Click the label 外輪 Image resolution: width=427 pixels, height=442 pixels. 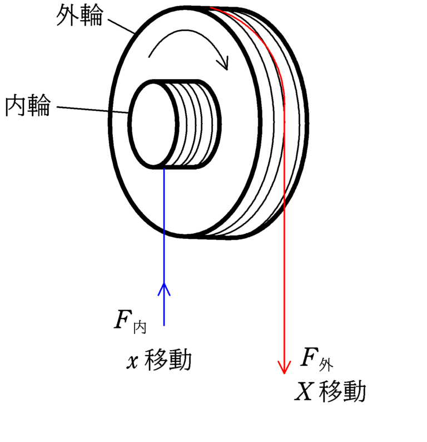[80, 16]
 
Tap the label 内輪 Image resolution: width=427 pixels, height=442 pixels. [27, 106]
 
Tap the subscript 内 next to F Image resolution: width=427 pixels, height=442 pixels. [140, 328]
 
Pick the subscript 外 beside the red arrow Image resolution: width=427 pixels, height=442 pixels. [326, 365]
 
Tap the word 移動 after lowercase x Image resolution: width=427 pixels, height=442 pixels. [167, 361]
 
